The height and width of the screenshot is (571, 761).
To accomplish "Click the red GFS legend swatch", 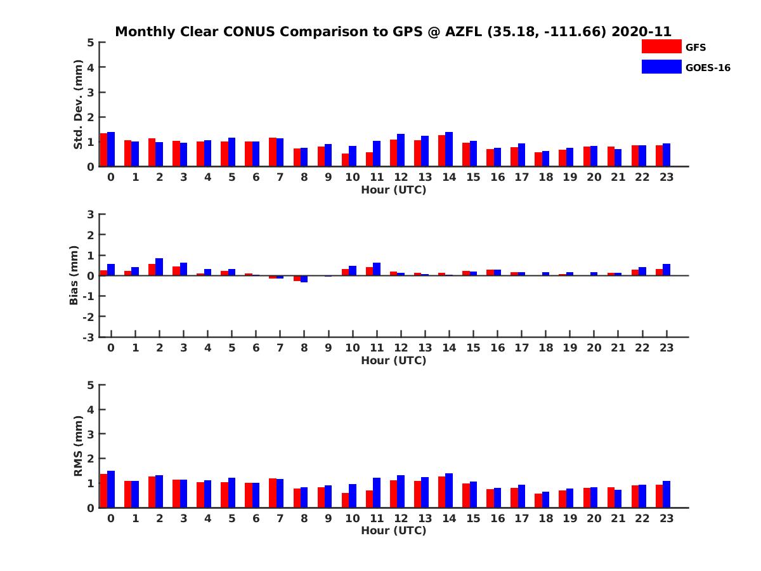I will pyautogui.click(x=661, y=46).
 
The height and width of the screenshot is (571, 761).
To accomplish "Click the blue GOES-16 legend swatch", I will pyautogui.click(x=661, y=67).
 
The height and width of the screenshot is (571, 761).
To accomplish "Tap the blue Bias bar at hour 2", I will pyautogui.click(x=159, y=267).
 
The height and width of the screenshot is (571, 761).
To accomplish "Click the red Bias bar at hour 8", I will pyautogui.click(x=297, y=278).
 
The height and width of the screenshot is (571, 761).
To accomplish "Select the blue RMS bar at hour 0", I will pyautogui.click(x=111, y=489).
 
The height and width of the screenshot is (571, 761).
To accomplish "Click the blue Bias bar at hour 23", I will pyautogui.click(x=667, y=270).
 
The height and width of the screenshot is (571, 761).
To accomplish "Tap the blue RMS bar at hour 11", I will pyautogui.click(x=377, y=493).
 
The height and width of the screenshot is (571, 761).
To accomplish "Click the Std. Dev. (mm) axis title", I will pyautogui.click(x=78, y=104).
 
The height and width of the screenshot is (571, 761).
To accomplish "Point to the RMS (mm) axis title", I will pyautogui.click(x=78, y=446).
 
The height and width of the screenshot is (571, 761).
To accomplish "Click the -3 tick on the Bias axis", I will pyautogui.click(x=89, y=337).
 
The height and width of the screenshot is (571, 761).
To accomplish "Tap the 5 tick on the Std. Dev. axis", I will pyautogui.click(x=91, y=43).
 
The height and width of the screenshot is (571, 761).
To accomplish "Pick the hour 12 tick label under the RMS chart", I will pyautogui.click(x=401, y=518).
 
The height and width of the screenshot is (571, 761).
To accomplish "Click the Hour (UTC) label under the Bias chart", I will pyautogui.click(x=393, y=360).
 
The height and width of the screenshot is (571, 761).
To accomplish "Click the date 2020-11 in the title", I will pyautogui.click(x=641, y=32).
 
